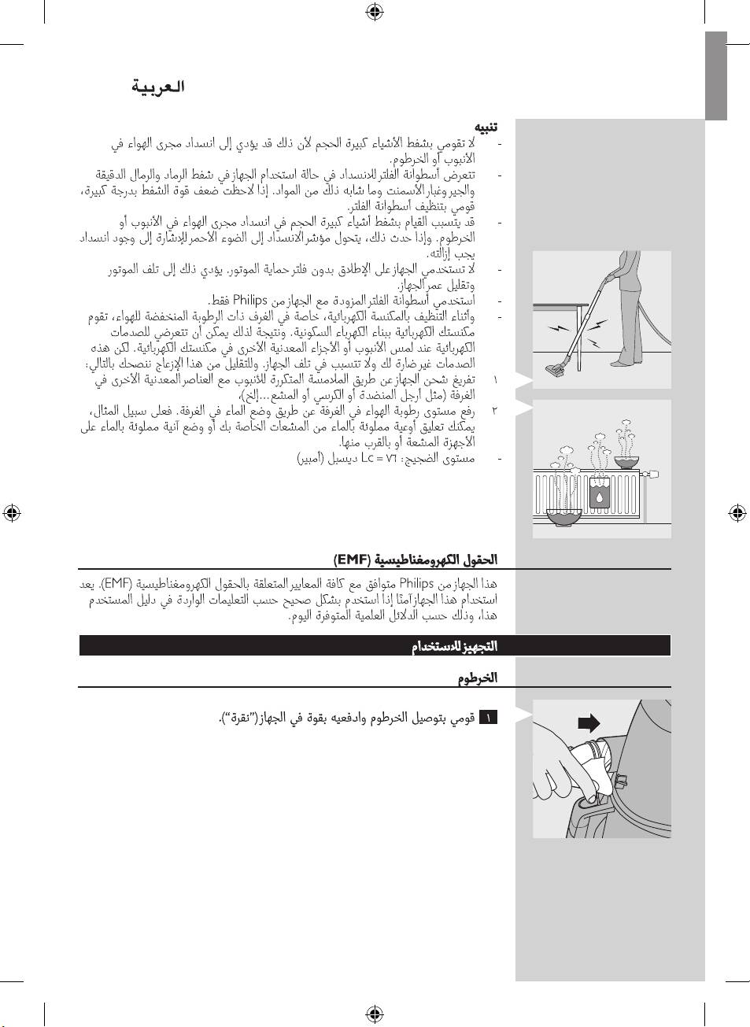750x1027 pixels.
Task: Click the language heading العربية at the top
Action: tap(158, 87)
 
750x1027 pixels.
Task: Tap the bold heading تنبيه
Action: tap(485, 127)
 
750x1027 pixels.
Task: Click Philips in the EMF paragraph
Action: tap(416, 584)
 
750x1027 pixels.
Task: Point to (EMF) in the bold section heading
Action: tap(351, 560)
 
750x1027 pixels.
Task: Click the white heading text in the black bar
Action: tap(454, 646)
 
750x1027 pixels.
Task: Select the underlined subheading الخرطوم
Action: tap(478, 678)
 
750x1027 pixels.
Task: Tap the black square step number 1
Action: tap(488, 718)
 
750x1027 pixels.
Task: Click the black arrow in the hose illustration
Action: tap(589, 723)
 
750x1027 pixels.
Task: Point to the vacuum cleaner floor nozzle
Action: tap(558, 368)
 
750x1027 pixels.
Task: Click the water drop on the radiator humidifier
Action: tap(600, 497)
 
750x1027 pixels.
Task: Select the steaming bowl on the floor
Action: tap(563, 517)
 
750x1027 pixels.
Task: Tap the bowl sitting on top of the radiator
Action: tap(626, 462)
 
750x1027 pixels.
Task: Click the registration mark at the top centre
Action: tap(375, 11)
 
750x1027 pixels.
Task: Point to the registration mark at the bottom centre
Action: tap(375, 1013)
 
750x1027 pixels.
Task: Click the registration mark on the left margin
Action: tap(11, 513)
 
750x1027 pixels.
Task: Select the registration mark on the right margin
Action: tap(737, 513)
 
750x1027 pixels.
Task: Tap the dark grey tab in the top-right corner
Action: tap(715, 76)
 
